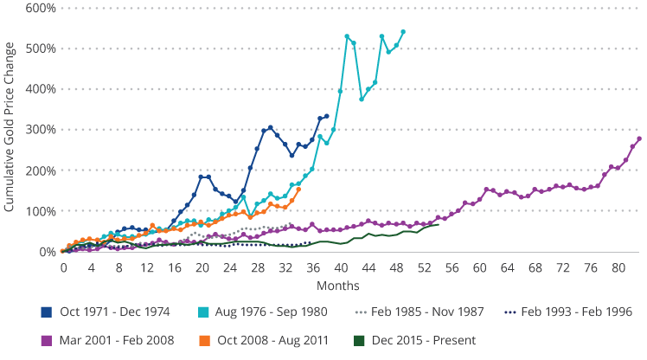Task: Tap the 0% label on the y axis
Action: click(x=48, y=252)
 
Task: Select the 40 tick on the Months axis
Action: click(x=341, y=267)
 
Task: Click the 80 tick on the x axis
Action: click(x=618, y=267)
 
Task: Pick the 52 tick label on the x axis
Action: click(x=424, y=267)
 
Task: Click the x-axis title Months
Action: click(x=341, y=285)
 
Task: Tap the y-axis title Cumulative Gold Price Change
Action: click(x=10, y=130)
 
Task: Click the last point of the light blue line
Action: click(x=403, y=32)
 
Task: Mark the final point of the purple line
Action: click(x=638, y=138)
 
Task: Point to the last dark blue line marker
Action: click(x=326, y=116)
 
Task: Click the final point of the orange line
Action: click(x=298, y=190)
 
